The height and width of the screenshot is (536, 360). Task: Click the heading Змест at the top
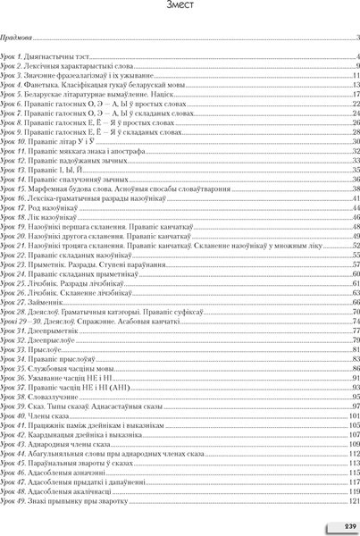[180, 6]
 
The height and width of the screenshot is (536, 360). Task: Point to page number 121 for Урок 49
[353, 500]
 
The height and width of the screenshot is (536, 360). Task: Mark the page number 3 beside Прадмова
[356, 39]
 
